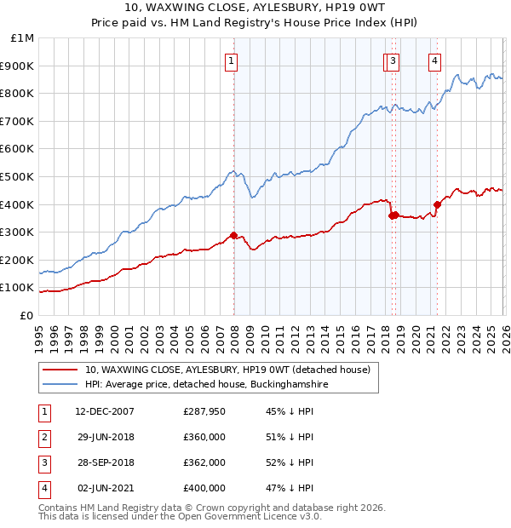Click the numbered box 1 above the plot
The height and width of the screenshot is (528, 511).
(x=232, y=60)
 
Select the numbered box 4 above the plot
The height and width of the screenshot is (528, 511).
(x=434, y=60)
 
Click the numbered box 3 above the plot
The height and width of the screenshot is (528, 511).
(x=392, y=60)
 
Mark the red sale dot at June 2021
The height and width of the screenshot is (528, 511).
(x=437, y=204)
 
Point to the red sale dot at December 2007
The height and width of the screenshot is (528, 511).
(x=233, y=236)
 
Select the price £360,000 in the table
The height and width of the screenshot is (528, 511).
(x=204, y=438)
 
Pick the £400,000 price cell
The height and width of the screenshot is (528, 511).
(x=204, y=489)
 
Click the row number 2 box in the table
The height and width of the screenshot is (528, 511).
(x=43, y=438)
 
